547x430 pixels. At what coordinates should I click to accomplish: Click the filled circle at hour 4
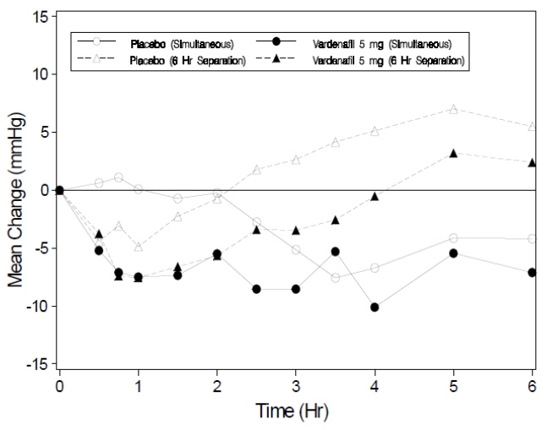(x=375, y=307)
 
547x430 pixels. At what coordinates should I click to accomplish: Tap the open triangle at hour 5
(x=454, y=109)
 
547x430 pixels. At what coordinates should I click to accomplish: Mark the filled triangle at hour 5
(x=454, y=153)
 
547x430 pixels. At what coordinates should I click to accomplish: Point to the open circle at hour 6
(x=532, y=239)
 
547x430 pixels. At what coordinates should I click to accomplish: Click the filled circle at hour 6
(x=532, y=272)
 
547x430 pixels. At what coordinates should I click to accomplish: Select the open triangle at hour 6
(x=532, y=127)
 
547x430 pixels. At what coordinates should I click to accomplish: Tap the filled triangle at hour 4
(x=375, y=196)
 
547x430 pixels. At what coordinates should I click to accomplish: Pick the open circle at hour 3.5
(x=336, y=278)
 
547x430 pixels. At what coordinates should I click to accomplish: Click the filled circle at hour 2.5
(x=256, y=289)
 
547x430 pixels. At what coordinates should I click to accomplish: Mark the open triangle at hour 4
(x=375, y=131)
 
